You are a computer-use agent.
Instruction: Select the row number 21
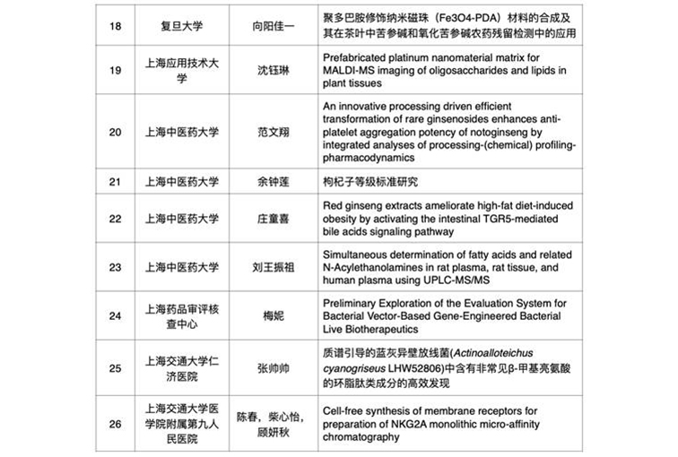pyautogui.click(x=114, y=182)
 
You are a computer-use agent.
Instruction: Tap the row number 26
pyautogui.click(x=114, y=424)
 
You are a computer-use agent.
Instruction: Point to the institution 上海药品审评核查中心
pyautogui.click(x=180, y=315)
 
